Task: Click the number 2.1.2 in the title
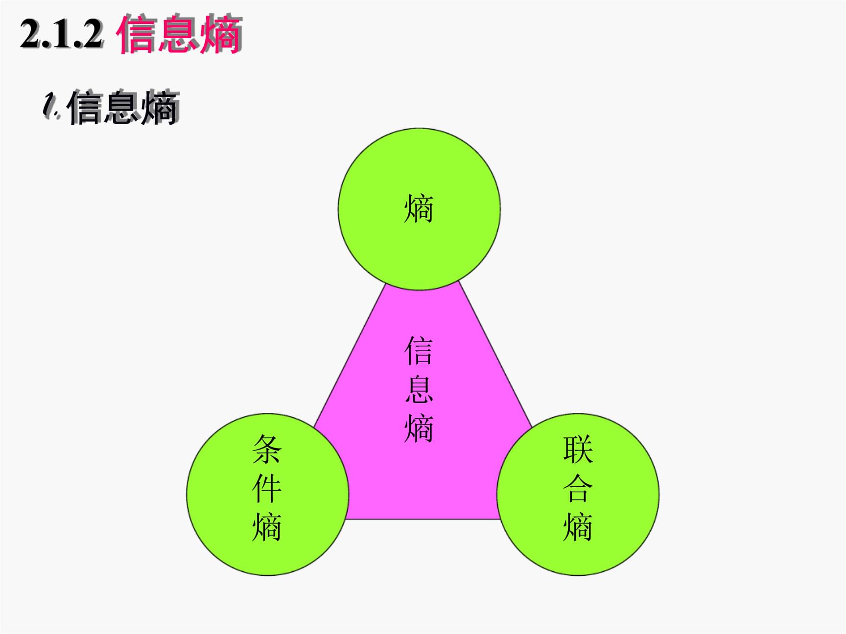point(62,34)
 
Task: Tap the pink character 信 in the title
point(137,34)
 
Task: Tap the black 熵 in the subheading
point(160,108)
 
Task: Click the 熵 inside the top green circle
point(419,209)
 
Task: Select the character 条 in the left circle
point(267,450)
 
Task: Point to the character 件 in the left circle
point(267,488)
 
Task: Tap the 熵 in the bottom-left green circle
point(267,527)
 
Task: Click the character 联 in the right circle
point(578,450)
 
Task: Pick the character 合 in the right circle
point(578,488)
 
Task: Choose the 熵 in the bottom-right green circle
point(578,527)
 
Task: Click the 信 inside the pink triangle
point(419,351)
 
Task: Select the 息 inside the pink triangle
point(419,389)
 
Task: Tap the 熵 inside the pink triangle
point(419,429)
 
